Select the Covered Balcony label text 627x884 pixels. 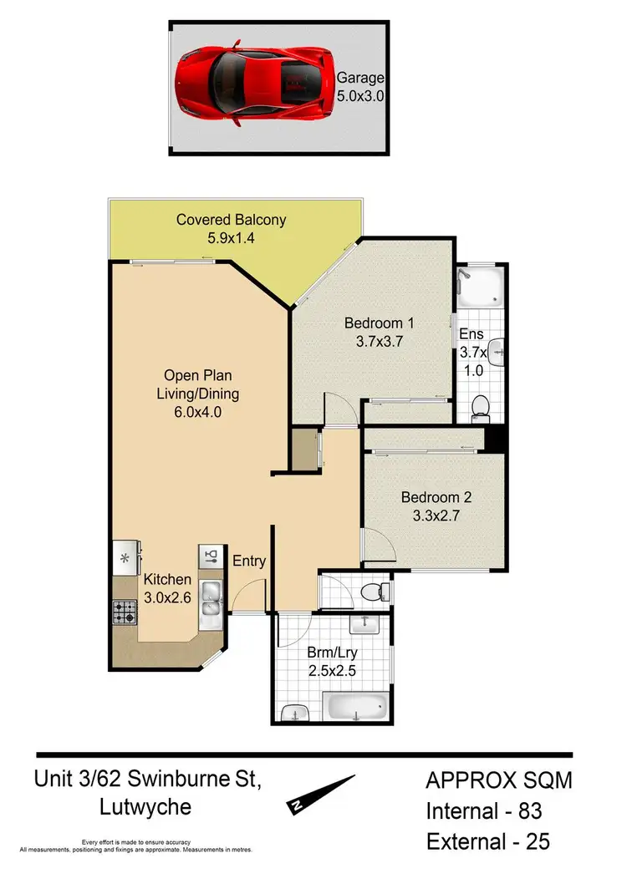231,221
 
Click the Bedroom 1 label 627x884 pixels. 380,323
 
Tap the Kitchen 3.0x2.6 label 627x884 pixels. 167,587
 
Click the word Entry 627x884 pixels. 249,561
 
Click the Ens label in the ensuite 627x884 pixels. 472,335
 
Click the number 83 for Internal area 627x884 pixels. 538,810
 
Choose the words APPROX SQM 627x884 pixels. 499,780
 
